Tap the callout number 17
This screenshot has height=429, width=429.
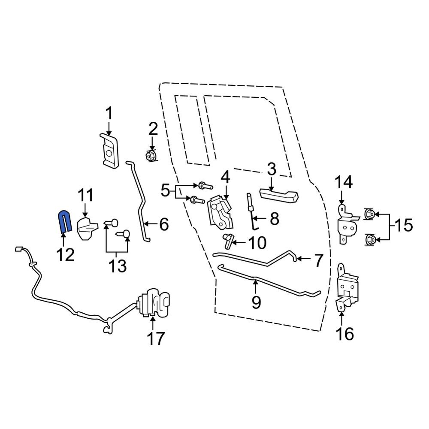tap(156, 339)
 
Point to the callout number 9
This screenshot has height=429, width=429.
tap(256, 302)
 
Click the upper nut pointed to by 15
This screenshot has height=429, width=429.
tap(369, 214)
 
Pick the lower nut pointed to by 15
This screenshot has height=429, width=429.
tap(370, 240)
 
